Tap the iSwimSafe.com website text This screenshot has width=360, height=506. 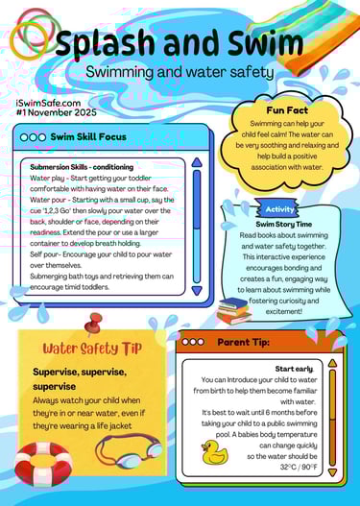(48, 101)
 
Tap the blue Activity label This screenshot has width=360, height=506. (279, 208)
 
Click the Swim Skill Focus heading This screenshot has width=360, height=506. (87, 137)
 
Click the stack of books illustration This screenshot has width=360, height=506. (233, 310)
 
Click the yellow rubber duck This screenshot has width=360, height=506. (214, 452)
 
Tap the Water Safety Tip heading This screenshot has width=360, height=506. (92, 348)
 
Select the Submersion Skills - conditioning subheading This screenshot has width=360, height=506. (82, 166)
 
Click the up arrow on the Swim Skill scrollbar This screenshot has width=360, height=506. (197, 163)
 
